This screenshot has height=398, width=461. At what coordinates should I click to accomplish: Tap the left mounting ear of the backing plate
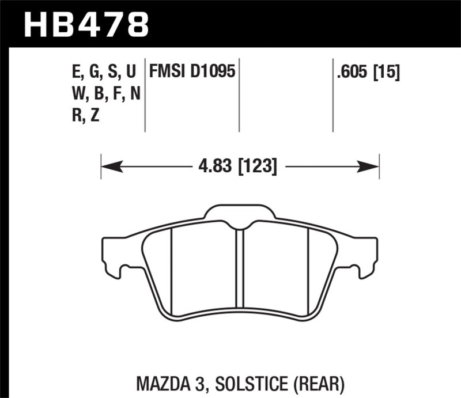(x=114, y=253)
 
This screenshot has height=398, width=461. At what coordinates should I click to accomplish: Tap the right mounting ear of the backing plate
(x=366, y=253)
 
